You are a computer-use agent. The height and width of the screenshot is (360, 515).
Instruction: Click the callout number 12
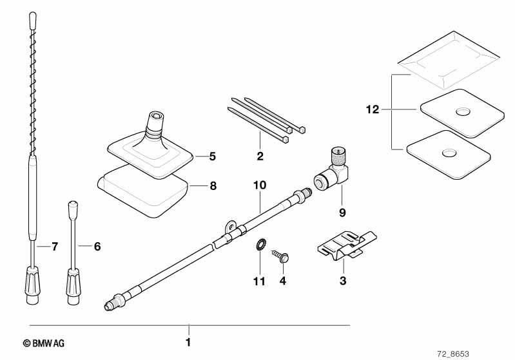371,111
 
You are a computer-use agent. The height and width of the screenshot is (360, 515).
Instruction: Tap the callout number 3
343,280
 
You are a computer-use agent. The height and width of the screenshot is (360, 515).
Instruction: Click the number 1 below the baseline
188,343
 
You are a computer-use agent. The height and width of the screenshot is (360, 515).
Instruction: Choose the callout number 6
98,246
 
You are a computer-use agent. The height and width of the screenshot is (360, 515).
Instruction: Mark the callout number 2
260,155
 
